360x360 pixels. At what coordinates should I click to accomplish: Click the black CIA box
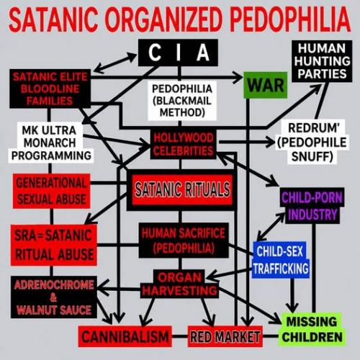178,53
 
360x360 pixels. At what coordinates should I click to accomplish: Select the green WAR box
266,85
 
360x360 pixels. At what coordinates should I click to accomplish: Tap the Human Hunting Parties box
322,61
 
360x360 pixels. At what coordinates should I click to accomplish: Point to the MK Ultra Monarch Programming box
50,143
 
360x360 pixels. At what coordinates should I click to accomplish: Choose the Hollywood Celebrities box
183,144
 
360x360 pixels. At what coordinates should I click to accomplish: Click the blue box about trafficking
281,260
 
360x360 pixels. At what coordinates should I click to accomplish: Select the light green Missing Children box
312,329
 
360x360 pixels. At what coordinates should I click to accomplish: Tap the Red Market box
225,336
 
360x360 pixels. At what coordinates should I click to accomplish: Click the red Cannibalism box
125,336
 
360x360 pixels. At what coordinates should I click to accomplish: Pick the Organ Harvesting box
179,284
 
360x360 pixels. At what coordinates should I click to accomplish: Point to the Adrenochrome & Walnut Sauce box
54,297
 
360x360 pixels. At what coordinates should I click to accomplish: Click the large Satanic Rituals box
182,190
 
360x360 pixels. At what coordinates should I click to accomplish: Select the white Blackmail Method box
182,101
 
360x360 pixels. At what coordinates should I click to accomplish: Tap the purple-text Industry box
312,206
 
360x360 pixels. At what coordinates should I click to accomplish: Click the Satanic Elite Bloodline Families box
50,89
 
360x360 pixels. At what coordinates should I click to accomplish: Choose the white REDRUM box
312,142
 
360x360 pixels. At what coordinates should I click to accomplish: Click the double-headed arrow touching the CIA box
115,63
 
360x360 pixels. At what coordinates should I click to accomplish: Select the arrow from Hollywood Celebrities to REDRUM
247,142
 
